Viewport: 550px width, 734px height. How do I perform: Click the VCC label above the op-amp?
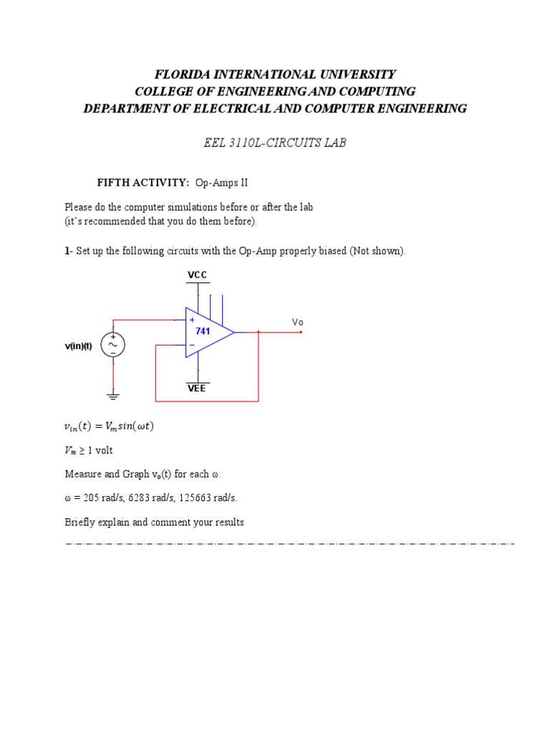(x=198, y=275)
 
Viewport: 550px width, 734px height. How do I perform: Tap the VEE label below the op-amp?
(x=197, y=389)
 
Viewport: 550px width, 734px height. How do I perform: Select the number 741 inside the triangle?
(x=203, y=331)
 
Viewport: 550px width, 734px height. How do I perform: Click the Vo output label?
(x=298, y=323)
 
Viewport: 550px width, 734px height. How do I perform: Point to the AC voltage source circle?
(x=113, y=345)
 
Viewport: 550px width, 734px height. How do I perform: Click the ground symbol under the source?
(x=113, y=395)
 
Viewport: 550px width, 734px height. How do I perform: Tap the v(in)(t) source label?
(x=78, y=346)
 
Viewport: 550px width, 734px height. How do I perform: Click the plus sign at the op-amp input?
(x=192, y=320)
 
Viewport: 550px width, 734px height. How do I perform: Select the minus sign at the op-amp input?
(x=192, y=345)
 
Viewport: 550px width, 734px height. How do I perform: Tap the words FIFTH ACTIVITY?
(x=143, y=183)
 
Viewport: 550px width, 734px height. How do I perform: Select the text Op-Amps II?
(x=221, y=183)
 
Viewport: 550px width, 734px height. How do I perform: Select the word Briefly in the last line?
(x=79, y=522)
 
